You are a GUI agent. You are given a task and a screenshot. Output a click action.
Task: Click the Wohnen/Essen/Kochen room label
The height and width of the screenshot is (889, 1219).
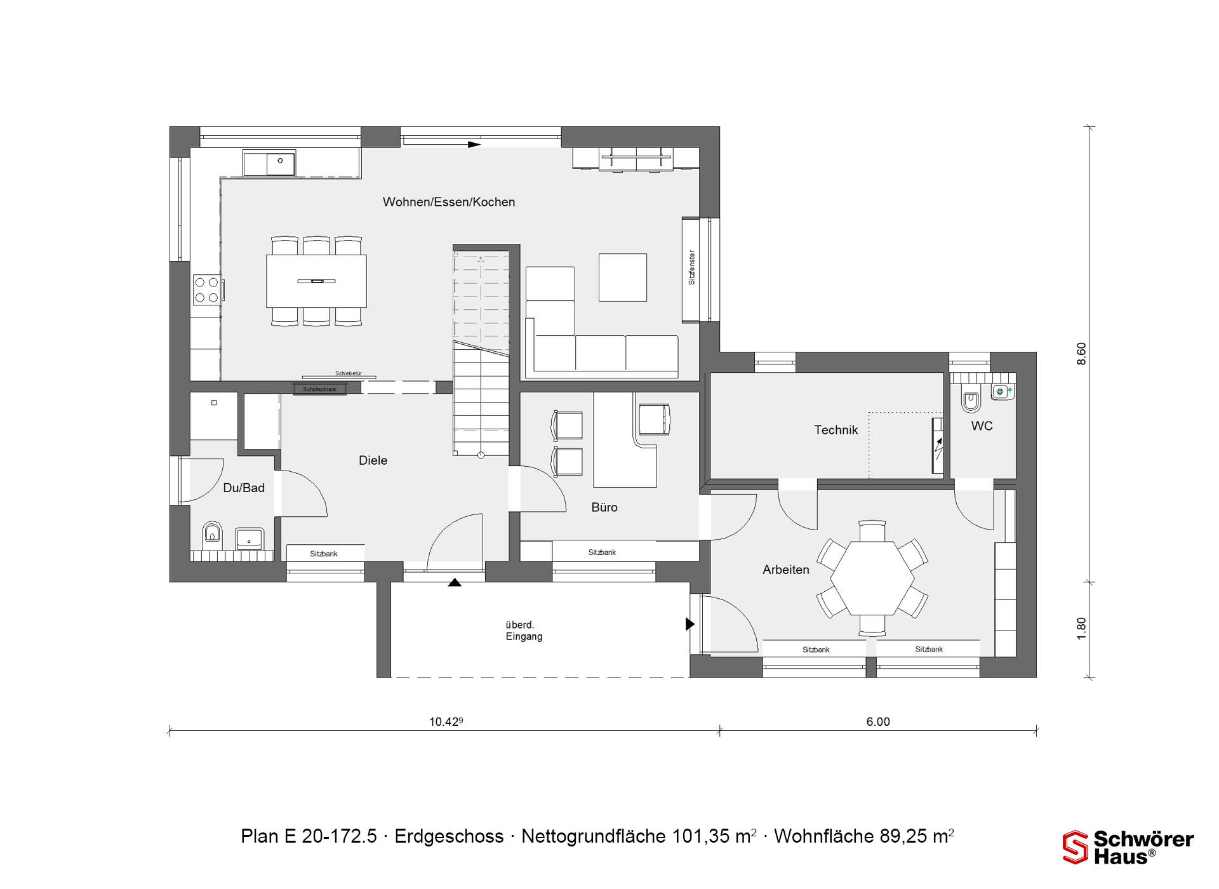[449, 202]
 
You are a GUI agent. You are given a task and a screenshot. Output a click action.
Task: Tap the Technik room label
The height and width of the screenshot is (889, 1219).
[836, 430]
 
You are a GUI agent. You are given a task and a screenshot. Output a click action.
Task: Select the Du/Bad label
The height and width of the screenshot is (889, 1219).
[244, 488]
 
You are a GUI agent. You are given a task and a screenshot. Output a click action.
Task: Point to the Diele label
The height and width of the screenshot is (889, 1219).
[373, 460]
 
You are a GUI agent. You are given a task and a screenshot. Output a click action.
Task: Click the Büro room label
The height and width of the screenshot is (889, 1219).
[604, 507]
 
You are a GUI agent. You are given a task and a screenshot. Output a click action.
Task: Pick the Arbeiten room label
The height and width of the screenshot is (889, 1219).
[786, 570]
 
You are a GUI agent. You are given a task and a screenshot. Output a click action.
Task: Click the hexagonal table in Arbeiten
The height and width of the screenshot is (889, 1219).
[872, 578]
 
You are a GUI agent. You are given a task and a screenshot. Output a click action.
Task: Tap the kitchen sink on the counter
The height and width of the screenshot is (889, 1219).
[269, 163]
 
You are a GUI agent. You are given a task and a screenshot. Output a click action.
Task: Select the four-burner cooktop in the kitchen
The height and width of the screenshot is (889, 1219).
[206, 290]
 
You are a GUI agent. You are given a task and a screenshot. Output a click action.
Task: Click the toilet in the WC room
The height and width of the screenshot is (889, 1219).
[971, 400]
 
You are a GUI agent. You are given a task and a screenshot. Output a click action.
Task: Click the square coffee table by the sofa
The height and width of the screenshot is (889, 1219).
[623, 277]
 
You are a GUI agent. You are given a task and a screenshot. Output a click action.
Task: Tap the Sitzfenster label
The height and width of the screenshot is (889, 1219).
[692, 267]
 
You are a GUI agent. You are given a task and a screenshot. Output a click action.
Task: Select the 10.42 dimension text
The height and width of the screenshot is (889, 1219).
[446, 721]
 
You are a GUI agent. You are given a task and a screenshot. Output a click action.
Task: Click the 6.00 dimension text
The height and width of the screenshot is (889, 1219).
[878, 721]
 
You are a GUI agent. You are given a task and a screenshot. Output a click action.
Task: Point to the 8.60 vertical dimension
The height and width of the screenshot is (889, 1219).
[1081, 354]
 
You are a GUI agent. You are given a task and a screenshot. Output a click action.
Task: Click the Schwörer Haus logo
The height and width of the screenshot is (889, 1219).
[1128, 848]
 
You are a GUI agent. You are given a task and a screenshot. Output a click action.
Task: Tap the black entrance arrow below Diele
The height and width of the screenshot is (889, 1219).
[455, 582]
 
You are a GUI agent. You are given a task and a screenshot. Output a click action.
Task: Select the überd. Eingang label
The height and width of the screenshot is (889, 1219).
[524, 631]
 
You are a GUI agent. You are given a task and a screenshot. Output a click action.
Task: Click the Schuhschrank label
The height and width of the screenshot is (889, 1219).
[319, 389]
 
